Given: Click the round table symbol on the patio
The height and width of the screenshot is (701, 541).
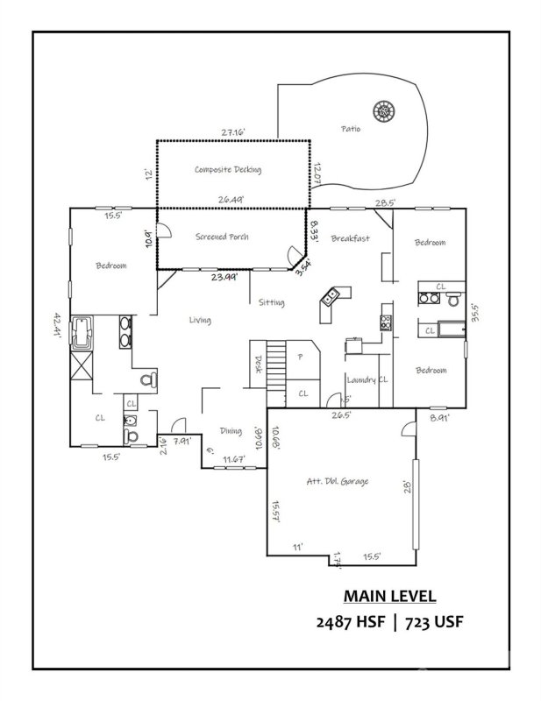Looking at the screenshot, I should (x=384, y=112).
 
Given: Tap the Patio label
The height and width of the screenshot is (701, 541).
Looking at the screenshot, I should (x=351, y=129).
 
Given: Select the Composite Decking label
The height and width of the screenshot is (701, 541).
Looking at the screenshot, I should (x=228, y=170).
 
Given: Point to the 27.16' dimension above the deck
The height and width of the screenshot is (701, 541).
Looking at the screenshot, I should (x=232, y=132).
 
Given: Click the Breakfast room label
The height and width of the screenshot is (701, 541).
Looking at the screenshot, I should (x=350, y=238).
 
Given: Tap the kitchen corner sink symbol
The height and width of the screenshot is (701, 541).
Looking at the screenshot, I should (x=331, y=297).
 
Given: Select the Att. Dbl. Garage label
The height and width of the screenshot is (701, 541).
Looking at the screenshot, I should (x=337, y=481).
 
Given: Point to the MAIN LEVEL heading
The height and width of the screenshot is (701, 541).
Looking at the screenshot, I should (x=389, y=596).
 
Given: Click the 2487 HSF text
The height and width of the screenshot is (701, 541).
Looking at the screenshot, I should (x=346, y=623).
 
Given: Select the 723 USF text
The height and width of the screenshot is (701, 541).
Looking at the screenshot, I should (x=431, y=623).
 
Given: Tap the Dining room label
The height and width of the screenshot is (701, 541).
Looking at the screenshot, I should (x=231, y=431).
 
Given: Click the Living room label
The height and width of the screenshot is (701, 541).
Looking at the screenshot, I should (x=200, y=320).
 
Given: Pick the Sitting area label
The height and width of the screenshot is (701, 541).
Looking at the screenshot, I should (x=271, y=302).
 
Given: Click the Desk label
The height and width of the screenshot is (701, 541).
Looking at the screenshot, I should (x=258, y=364).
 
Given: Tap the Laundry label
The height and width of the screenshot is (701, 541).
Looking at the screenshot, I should (x=360, y=380).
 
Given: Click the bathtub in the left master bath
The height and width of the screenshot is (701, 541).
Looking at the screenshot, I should (x=82, y=331).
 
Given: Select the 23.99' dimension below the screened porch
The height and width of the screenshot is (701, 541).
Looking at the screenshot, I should (x=225, y=277).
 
